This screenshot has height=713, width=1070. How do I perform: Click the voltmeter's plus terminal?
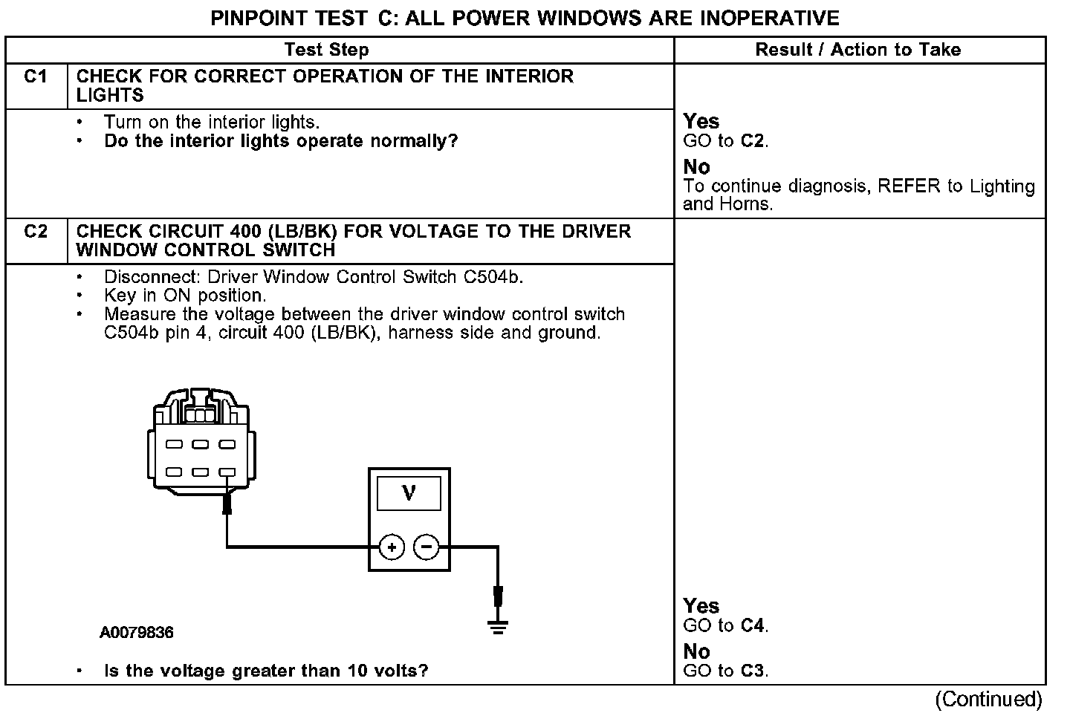tap(392, 548)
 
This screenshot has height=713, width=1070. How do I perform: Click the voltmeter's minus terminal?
tap(426, 548)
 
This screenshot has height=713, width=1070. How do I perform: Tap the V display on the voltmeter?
tap(409, 492)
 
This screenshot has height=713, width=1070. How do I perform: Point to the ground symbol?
tap(498, 628)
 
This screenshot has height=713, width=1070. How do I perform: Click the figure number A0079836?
tap(137, 633)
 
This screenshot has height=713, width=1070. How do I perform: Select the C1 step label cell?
tap(36, 77)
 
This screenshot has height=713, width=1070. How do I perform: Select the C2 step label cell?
tap(36, 232)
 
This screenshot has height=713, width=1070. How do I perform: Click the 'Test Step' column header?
tap(326, 50)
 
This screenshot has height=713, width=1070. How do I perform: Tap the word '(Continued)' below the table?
tap(988, 699)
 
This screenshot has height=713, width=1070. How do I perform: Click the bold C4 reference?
tap(753, 626)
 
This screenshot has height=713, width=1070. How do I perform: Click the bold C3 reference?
tap(753, 671)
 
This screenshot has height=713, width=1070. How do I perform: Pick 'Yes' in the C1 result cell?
tap(701, 121)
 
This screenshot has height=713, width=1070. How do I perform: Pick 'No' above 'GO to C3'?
tap(696, 651)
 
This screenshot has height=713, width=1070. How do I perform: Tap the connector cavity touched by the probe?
tap(227, 472)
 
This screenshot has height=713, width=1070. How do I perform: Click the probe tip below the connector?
tap(227, 506)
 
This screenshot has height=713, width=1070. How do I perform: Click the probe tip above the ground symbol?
tap(498, 596)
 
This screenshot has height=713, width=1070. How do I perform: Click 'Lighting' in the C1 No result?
tap(1000, 186)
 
